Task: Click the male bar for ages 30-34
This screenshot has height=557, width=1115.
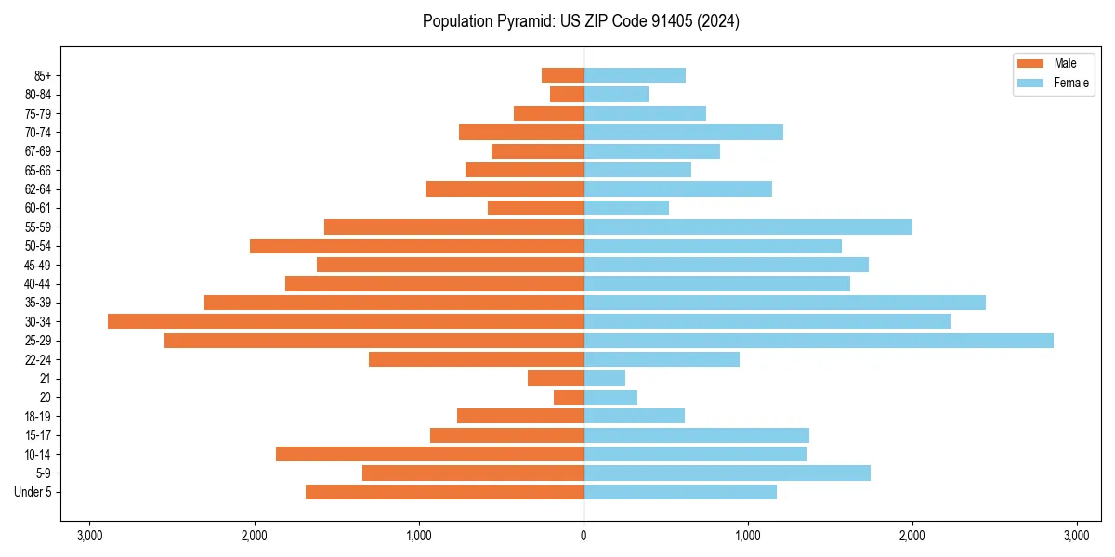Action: (346, 321)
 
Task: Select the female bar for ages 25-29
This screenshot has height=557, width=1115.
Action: (818, 341)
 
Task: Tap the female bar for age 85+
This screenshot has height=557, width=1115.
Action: (635, 75)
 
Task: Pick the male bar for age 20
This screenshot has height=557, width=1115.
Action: (569, 397)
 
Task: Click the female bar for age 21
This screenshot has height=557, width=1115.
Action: (604, 379)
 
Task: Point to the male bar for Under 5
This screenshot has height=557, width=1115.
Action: (444, 492)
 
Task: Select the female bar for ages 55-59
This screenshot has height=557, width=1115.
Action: (748, 227)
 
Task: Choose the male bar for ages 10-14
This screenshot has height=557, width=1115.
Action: (429, 454)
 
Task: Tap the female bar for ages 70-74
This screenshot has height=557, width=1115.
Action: (683, 133)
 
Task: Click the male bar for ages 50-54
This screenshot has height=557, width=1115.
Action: (416, 246)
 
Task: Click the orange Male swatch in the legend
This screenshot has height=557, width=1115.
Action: (1031, 63)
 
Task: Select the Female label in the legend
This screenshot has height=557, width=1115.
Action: (1071, 83)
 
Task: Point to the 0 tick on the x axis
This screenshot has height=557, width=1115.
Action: (584, 536)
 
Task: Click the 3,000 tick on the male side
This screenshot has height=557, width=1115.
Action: (90, 536)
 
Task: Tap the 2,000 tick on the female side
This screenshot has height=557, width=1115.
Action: (912, 536)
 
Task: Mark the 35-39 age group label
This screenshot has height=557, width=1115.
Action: (39, 303)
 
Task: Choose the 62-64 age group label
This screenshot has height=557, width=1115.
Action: (39, 189)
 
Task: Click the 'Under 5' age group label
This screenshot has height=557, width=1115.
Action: (33, 492)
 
